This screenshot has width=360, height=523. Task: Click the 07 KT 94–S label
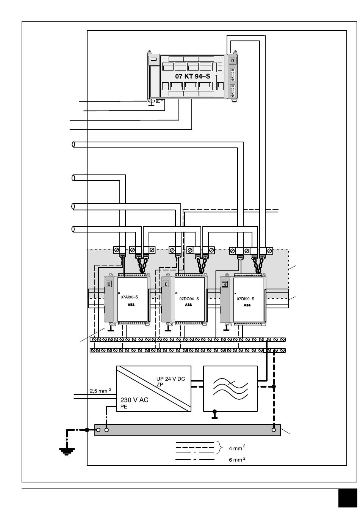192,76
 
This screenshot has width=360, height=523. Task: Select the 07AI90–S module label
129,297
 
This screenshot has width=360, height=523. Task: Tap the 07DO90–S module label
189,299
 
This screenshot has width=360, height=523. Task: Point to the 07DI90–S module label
246,299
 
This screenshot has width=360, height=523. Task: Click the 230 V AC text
134,400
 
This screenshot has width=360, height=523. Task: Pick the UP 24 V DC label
171,379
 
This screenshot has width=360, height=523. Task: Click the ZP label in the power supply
160,384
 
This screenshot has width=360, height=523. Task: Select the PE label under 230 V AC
124,407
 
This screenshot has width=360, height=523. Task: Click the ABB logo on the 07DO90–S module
188,305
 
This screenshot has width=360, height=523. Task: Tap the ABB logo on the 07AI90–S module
131,305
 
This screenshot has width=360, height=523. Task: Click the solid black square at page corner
347,498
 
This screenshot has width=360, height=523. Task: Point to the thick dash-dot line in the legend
194,460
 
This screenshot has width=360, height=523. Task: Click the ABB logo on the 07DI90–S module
247,305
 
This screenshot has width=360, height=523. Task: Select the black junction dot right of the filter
274,386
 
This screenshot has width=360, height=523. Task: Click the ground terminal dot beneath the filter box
214,411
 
